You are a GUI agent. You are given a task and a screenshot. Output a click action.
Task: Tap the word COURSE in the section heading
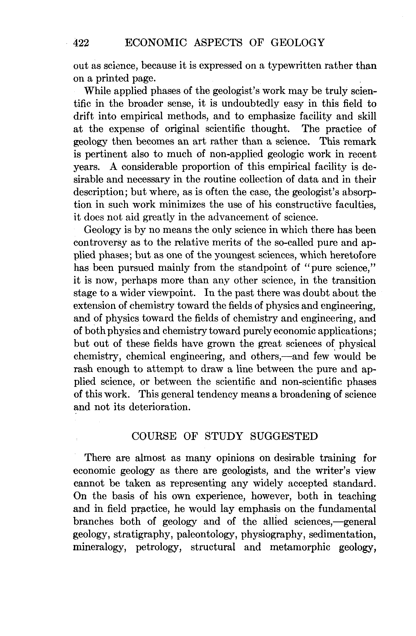(154, 436)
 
